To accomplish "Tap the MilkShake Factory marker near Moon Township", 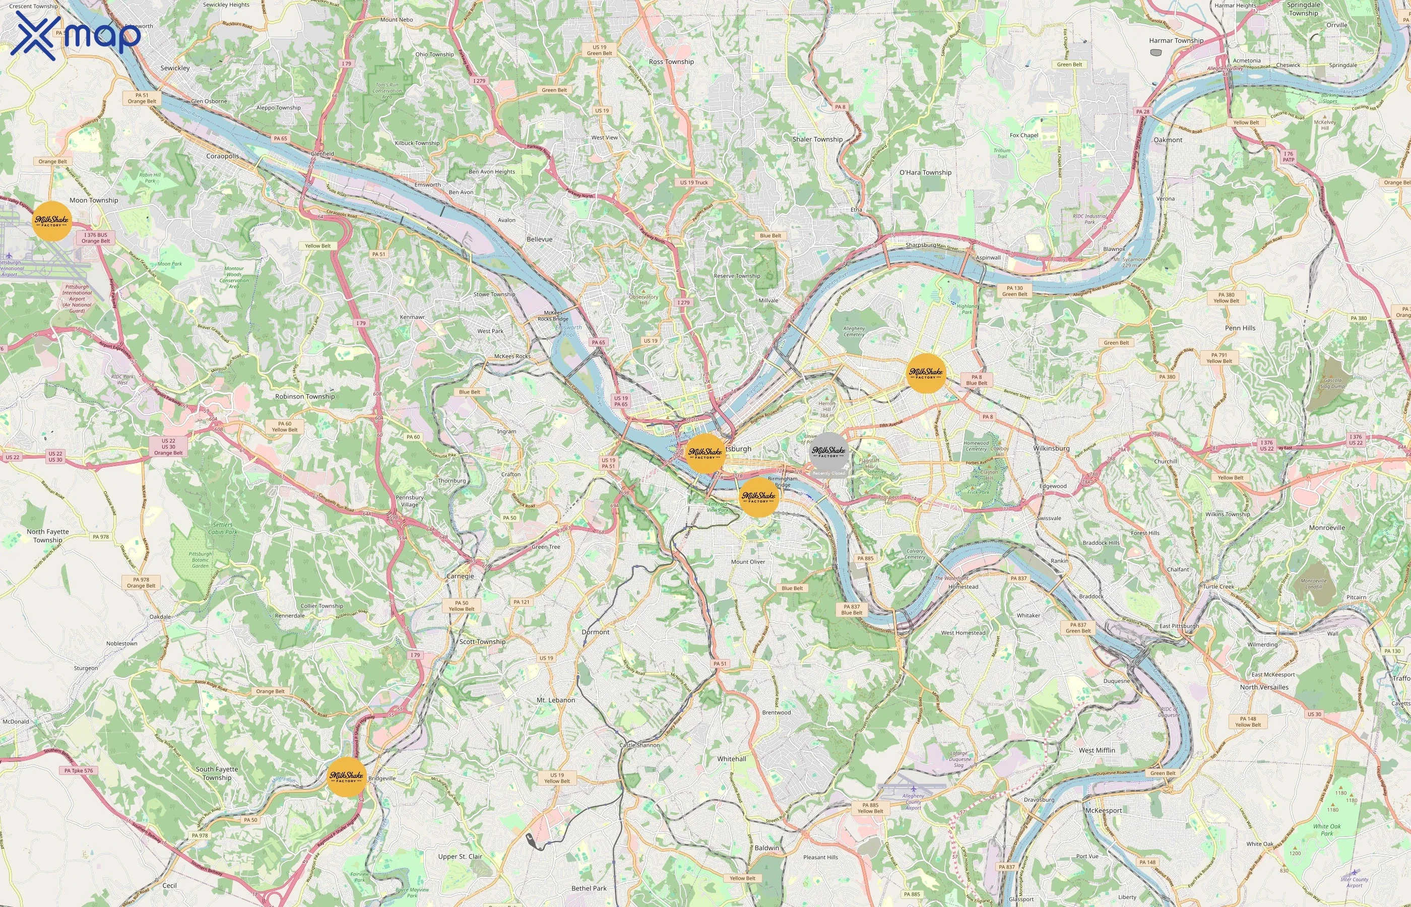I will point(52,221).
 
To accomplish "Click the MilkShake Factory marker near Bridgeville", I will point(346,777).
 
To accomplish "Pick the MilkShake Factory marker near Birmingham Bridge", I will point(758,497).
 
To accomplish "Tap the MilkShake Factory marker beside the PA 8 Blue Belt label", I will point(926,373).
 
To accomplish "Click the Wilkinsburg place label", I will point(1051,448).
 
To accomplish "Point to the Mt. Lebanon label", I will point(555,700).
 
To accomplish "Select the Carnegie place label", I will point(460,576).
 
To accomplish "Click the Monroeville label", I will point(1327,528).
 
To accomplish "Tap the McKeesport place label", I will point(1103,810).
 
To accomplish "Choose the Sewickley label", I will point(175,68).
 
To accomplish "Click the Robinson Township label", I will point(304,397).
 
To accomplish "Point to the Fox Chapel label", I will point(1023,136).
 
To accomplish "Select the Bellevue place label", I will point(539,239).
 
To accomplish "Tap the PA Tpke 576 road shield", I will point(78,770).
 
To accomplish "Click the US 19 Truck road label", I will point(694,182).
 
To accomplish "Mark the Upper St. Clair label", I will point(460,856).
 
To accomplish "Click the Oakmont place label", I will point(1167,140).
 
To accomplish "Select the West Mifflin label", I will point(1097,750).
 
